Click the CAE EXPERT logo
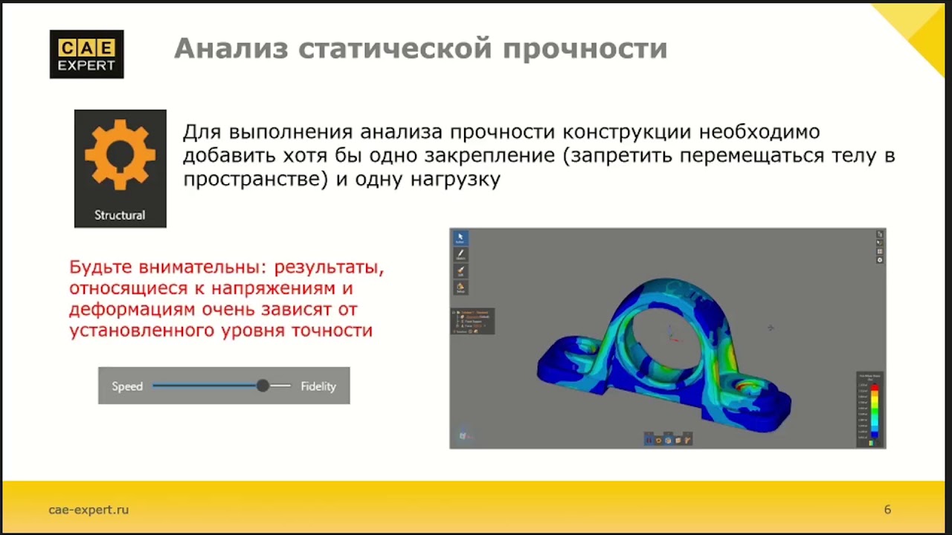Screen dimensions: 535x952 tap(86, 54)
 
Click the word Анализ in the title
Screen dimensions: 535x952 tap(230, 48)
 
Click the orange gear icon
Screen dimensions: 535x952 tap(120, 156)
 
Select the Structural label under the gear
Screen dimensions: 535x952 tap(120, 215)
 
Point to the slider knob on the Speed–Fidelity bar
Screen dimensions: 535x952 tap(263, 386)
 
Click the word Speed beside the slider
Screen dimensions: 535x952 tap(127, 386)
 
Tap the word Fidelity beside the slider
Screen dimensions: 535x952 tap(318, 386)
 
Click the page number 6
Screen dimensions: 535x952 tap(887, 509)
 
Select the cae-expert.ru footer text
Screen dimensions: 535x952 tap(89, 509)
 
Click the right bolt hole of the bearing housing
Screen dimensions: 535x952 tap(744, 386)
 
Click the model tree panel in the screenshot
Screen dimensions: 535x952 tap(472, 321)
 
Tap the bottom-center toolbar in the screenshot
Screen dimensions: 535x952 tap(667, 439)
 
